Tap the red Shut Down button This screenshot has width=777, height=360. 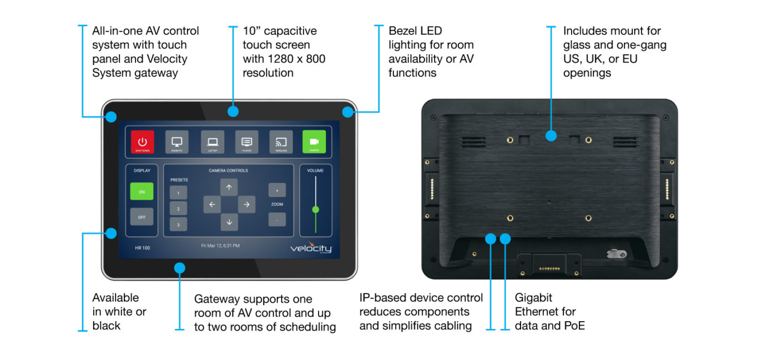[x=142, y=142]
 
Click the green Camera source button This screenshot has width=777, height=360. [x=314, y=142]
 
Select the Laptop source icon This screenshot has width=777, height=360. [x=212, y=142]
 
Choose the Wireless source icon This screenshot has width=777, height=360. [x=281, y=142]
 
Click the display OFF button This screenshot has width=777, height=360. [x=142, y=217]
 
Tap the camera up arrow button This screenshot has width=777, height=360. [x=229, y=187]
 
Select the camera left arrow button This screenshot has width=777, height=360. [x=211, y=205]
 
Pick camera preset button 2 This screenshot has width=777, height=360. [x=178, y=209]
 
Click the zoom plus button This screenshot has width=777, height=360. [x=277, y=190]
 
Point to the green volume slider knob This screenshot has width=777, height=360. [x=316, y=210]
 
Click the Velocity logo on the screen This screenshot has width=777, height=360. [x=311, y=249]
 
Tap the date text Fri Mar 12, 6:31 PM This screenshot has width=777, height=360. [x=220, y=245]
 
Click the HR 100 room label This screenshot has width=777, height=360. [x=143, y=248]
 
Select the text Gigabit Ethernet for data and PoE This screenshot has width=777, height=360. [x=549, y=312]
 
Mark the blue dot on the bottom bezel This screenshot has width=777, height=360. [x=179, y=268]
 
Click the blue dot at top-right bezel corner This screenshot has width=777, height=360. [x=347, y=112]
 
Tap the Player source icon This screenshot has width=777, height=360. [x=246, y=142]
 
